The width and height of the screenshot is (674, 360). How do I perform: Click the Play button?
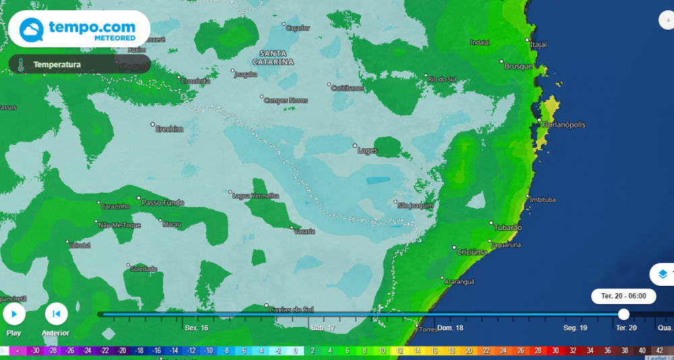coord(14,314)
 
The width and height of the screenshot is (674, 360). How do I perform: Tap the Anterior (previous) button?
coord(56,314)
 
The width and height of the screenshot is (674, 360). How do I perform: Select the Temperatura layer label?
coord(57,65)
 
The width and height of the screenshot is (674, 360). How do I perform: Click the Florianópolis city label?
coord(564,125)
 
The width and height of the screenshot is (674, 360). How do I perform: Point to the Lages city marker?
coord(356,146)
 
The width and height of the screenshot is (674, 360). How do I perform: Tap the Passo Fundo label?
coord(162,202)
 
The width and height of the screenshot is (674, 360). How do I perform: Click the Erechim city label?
coord(169,129)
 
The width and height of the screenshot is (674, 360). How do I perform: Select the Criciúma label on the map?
coord(472,251)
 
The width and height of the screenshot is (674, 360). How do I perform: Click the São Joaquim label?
coord(415,205)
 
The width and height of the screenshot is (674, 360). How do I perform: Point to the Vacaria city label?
coord(305,231)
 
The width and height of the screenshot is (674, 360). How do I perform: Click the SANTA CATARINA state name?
coord(274,57)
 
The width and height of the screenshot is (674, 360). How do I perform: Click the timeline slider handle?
coord(623,314)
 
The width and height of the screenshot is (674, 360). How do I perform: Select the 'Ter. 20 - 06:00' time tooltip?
coord(619,296)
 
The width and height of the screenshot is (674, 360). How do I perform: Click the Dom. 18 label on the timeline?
coord(450,328)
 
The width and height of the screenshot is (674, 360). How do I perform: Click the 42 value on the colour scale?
coord(659,351)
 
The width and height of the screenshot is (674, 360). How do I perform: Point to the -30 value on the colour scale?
coord(34,351)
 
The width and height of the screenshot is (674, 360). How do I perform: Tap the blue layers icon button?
coord(663,274)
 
